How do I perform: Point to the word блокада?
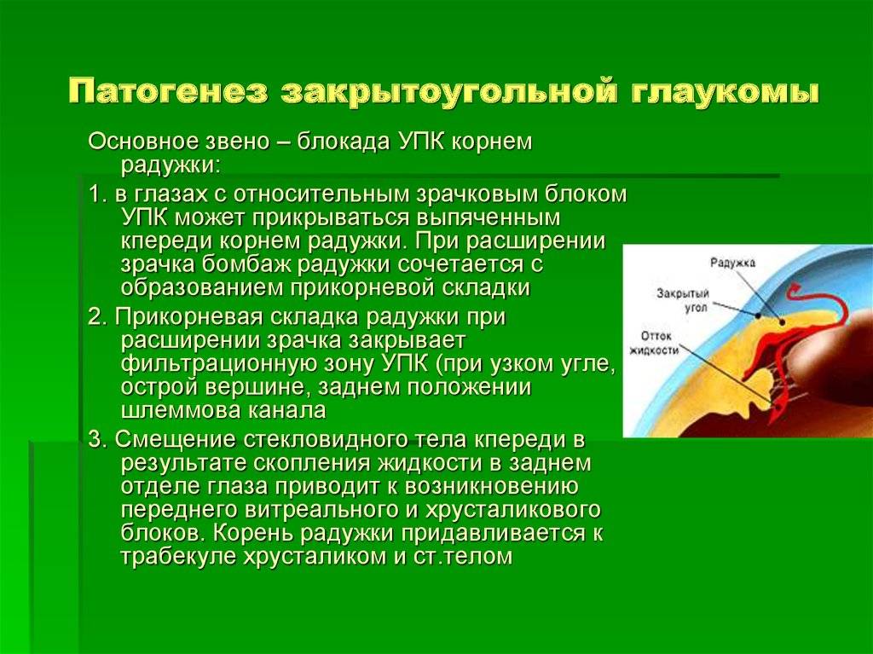click(x=344, y=142)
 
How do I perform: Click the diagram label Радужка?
click(x=732, y=263)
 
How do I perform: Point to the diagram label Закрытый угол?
click(x=683, y=299)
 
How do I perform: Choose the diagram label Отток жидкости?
click(x=654, y=343)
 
